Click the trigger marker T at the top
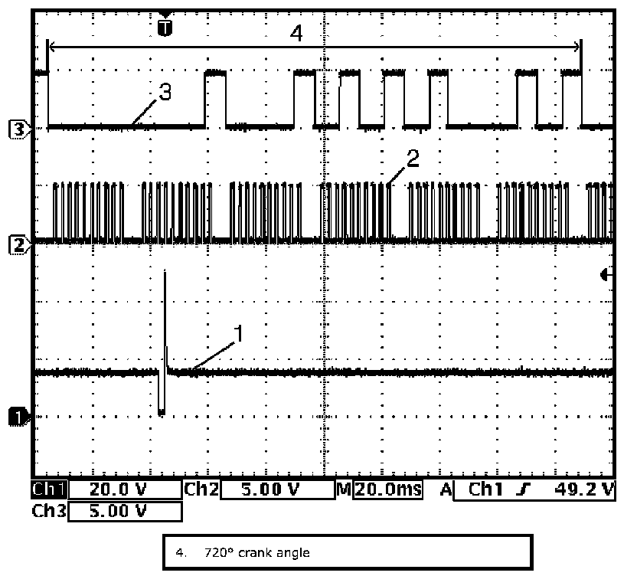coord(165,28)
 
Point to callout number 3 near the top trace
coord(165,92)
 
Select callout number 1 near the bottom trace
coord(238,333)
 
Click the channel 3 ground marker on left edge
coord(18,129)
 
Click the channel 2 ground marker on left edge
coord(18,244)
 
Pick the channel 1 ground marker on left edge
coord(18,416)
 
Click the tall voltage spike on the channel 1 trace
coord(165,306)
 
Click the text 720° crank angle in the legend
coord(256,551)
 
